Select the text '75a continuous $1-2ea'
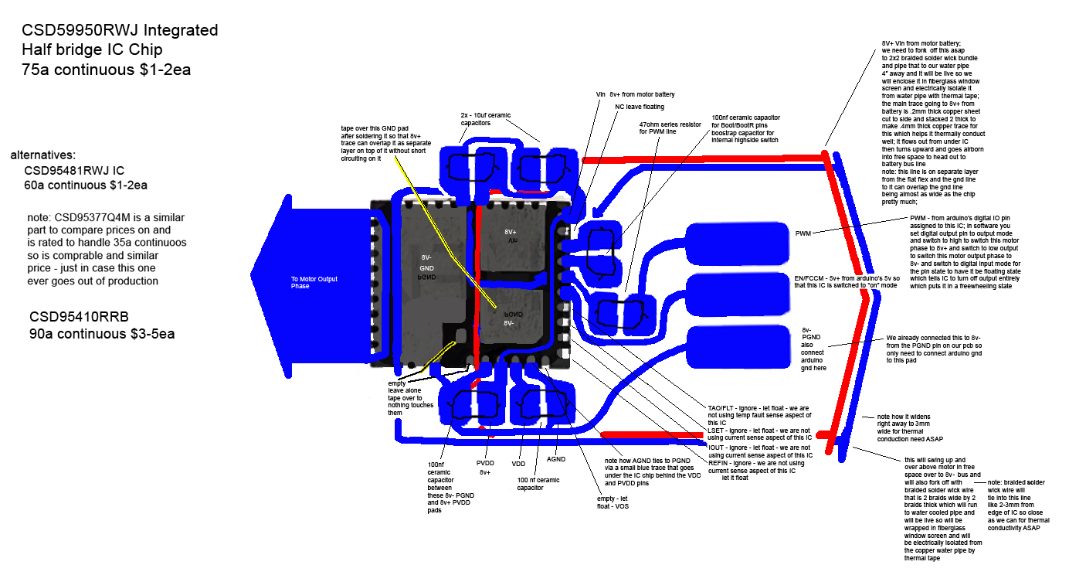coord(107,70)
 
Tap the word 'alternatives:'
coord(43,155)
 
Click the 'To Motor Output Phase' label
coord(314,282)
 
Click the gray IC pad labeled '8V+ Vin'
coord(510,236)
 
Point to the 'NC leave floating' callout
coord(640,107)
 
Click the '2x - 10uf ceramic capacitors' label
coord(472,117)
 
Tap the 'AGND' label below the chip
coord(557,458)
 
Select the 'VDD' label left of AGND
coord(518,464)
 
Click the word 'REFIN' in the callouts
coord(721,462)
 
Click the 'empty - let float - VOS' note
coord(617,503)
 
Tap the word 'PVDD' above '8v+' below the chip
coord(485,463)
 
